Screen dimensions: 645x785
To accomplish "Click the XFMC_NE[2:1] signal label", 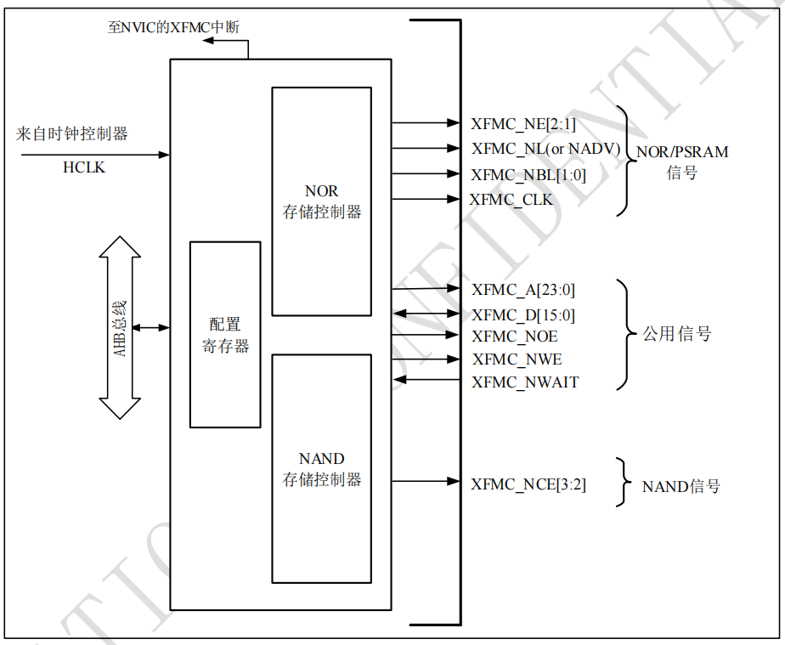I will click(523, 124).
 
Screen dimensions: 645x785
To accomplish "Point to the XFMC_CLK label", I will click(511, 200).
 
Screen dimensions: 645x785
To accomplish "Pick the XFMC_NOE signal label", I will click(515, 337).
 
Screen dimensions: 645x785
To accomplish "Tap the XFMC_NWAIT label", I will click(525, 382).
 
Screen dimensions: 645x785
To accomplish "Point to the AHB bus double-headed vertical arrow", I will click(120, 328).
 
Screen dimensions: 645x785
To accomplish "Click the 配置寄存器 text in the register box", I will click(225, 335).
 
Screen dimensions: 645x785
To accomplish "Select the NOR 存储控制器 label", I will click(322, 201).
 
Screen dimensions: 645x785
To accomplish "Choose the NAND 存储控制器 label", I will click(322, 469).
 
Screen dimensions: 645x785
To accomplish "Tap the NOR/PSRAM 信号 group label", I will click(682, 162).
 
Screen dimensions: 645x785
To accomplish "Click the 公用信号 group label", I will click(676, 334).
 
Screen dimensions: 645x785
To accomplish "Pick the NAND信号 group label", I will click(681, 487).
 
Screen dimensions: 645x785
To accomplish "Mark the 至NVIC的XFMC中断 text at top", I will click(173, 27).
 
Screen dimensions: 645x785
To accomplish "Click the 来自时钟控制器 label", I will click(72, 133).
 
